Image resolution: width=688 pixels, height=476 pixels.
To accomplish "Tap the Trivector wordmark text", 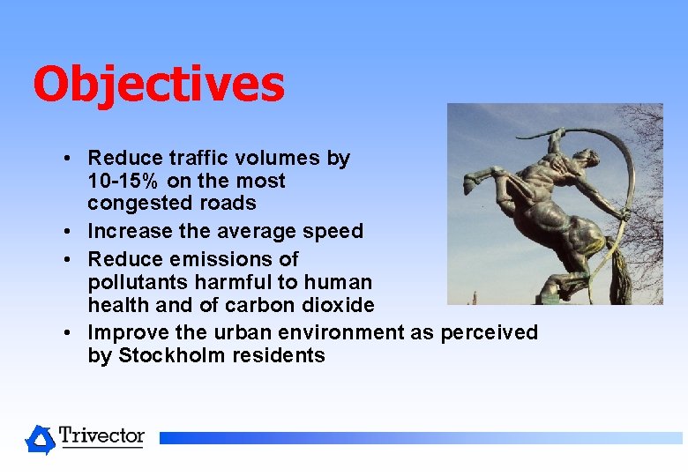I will coord(101,435).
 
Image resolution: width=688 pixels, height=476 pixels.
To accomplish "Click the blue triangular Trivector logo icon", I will coord(40,439).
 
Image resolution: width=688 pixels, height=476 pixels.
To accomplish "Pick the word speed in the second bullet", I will coord(335,231).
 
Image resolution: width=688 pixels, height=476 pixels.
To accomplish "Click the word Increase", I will coord(126,231).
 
